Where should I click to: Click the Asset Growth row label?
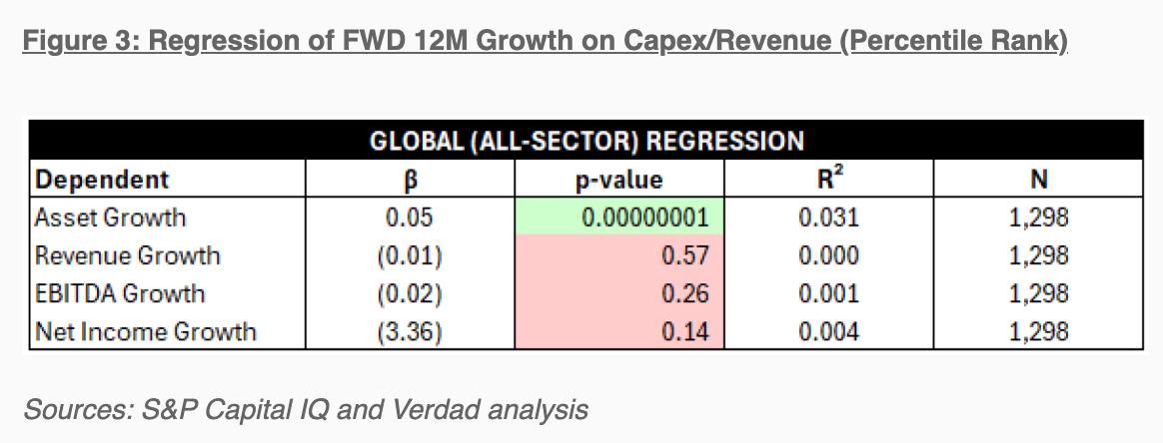(111, 218)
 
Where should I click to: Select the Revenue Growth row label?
(127, 255)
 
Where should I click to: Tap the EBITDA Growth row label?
(119, 293)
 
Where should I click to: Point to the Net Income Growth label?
(145, 331)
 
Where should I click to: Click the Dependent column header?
(102, 180)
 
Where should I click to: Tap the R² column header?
(828, 179)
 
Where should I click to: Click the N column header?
(1039, 180)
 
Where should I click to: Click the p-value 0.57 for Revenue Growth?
(684, 255)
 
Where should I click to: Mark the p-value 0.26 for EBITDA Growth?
(684, 293)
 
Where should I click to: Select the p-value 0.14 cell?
(684, 331)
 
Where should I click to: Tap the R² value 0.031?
(828, 218)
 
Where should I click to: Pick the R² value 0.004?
(828, 331)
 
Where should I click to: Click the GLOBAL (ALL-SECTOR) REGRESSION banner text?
(586, 141)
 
